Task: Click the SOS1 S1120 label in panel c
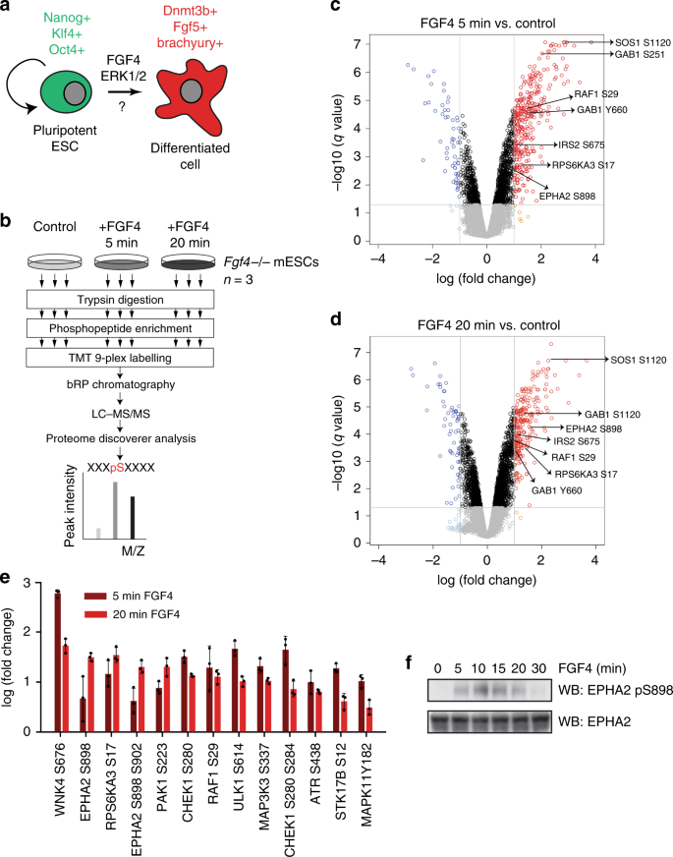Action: click(640, 42)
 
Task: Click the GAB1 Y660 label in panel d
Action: click(557, 488)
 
